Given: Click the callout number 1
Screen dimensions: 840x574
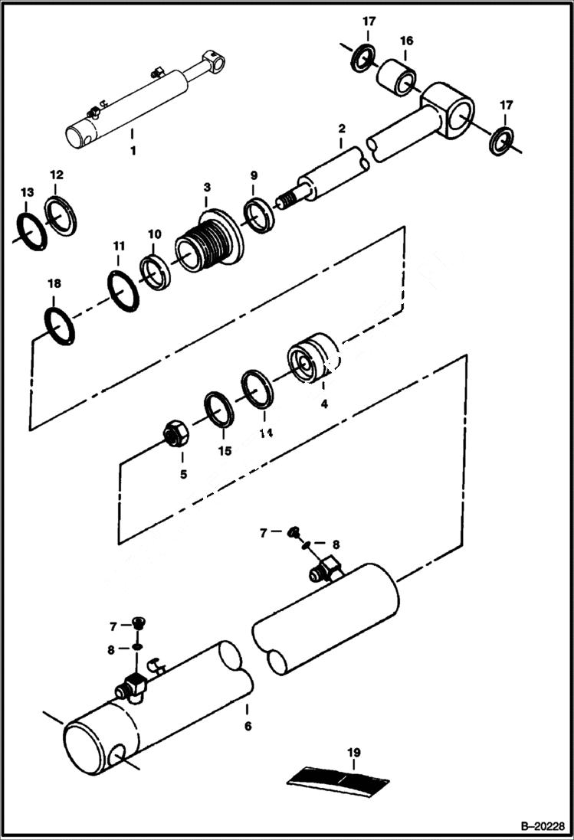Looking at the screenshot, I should pyautogui.click(x=133, y=151).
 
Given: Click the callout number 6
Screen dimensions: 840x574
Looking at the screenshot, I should pyautogui.click(x=247, y=725).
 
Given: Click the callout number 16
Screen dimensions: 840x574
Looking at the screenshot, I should pyautogui.click(x=405, y=41).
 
